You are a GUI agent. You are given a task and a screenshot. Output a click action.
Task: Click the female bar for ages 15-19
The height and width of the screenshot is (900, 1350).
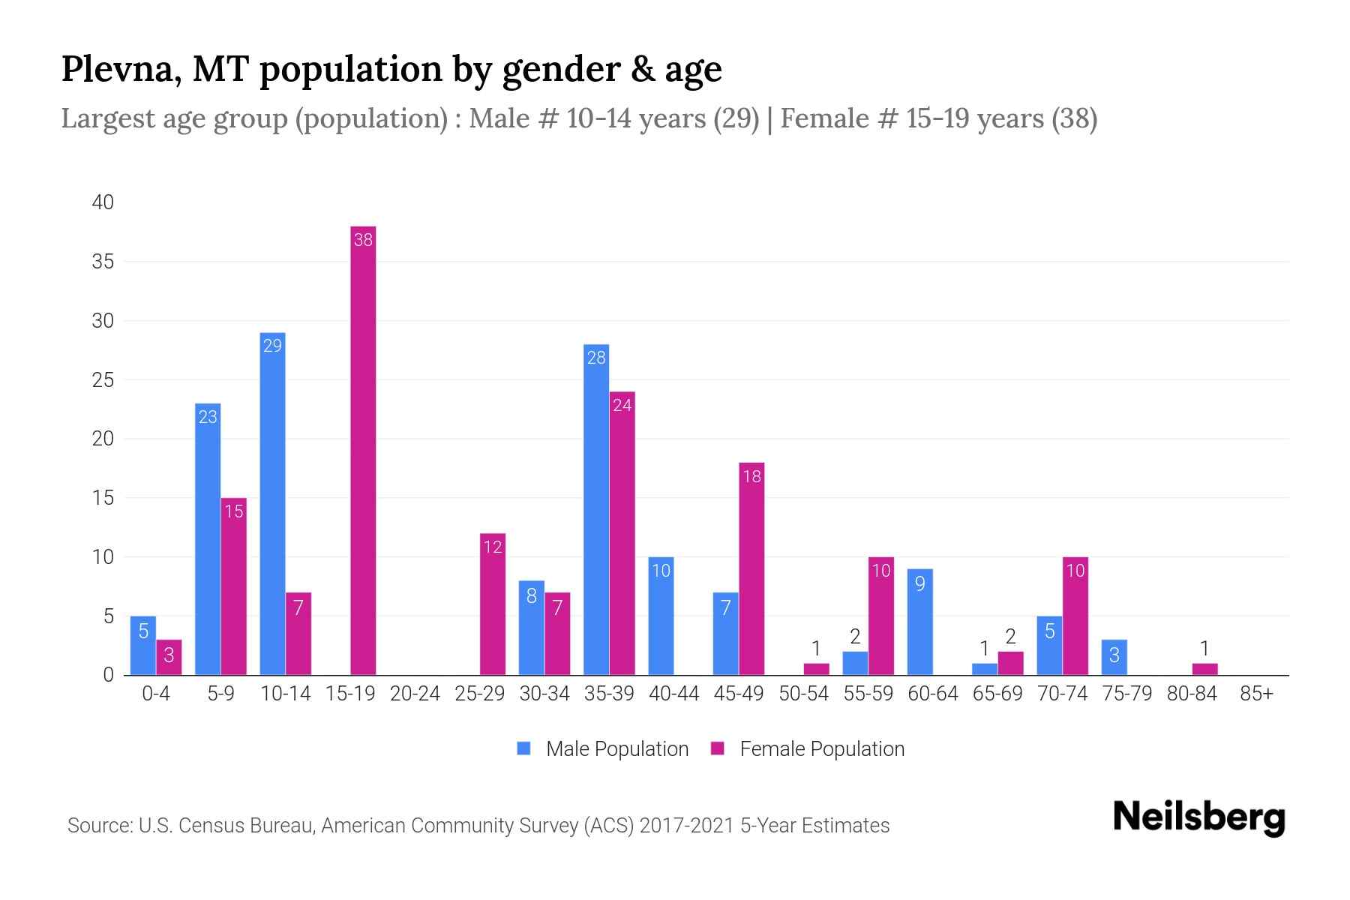tap(363, 450)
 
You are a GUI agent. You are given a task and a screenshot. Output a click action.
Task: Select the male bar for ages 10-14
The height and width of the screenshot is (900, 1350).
tap(272, 502)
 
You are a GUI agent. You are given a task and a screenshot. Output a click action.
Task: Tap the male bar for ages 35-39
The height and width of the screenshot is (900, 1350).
tap(596, 510)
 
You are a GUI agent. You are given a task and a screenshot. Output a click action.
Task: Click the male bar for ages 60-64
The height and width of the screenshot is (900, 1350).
tap(919, 622)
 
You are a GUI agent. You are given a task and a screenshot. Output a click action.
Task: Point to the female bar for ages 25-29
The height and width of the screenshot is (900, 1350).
tap(493, 604)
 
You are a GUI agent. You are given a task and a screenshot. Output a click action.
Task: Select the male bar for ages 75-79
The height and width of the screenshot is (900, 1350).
tap(1114, 657)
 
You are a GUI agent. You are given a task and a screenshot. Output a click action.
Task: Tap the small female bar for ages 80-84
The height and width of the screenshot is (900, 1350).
tap(1204, 669)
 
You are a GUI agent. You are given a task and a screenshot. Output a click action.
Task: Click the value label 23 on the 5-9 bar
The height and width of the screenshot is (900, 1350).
tap(208, 417)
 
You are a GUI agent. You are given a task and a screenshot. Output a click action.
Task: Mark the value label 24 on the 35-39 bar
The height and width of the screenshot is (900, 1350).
tap(622, 406)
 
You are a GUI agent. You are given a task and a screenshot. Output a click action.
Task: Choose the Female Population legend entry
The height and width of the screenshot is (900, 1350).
tap(808, 748)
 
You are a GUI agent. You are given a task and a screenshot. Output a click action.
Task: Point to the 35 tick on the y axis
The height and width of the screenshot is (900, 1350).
tap(103, 262)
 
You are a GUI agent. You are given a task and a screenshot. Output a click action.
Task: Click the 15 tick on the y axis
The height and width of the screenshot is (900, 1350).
tap(103, 498)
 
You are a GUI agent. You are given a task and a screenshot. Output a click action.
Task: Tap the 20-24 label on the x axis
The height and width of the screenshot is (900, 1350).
tap(415, 694)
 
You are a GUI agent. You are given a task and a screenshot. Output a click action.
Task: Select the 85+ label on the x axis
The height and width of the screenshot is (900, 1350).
tap(1256, 694)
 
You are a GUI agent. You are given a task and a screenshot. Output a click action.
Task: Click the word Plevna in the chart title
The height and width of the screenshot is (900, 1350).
tap(120, 69)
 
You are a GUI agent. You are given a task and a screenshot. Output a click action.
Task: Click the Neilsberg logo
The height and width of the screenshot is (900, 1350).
tap(1198, 817)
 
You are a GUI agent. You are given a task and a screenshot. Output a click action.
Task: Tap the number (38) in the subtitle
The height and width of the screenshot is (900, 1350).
tap(1074, 118)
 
